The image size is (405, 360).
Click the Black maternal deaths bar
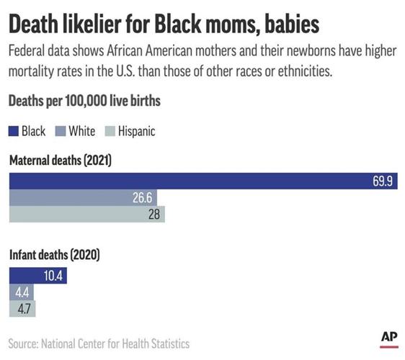tap(202, 181)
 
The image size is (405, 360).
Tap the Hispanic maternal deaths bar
tap(86, 215)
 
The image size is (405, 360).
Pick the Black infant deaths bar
tap(37, 276)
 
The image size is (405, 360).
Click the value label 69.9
tap(381, 181)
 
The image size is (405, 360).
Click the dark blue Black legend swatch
tap(14, 131)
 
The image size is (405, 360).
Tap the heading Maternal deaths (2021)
tap(60, 161)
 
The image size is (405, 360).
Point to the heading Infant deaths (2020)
tap(54, 255)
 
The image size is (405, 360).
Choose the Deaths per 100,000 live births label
tap(84, 102)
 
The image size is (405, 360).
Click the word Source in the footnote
tap(25, 343)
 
